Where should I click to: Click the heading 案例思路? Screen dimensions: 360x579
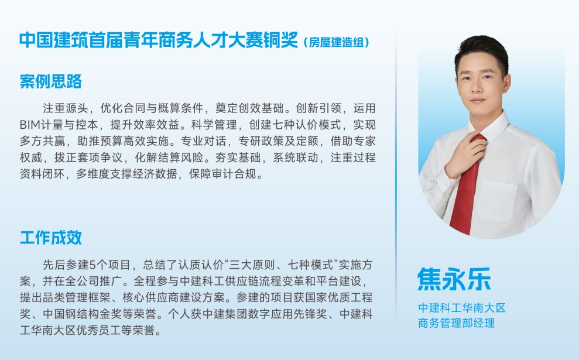click(x=50, y=81)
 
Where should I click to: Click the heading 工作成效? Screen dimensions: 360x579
click(x=50, y=237)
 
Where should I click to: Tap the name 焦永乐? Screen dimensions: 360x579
click(x=454, y=279)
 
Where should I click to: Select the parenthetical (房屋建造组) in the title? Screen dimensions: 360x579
click(x=337, y=43)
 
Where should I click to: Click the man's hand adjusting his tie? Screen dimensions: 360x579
click(x=464, y=153)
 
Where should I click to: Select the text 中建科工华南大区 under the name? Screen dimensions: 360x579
click(x=461, y=308)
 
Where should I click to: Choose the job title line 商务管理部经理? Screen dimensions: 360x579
click(x=456, y=323)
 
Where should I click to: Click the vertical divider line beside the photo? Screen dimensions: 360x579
click(x=396, y=176)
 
